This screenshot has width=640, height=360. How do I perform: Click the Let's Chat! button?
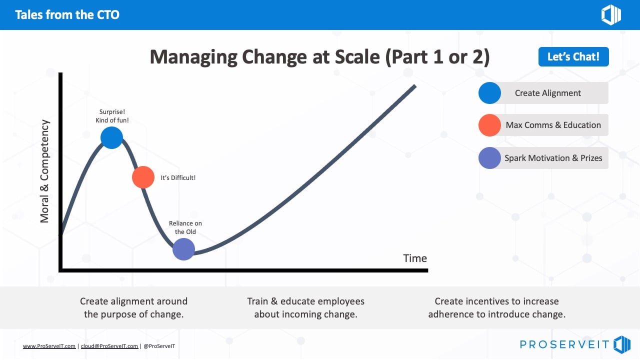click(x=573, y=57)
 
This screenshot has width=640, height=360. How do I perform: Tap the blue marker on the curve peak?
click(x=111, y=137)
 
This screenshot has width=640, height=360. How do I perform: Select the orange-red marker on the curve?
click(x=143, y=177)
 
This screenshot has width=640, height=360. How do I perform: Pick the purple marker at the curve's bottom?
click(x=183, y=249)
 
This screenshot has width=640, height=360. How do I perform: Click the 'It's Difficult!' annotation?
click(x=178, y=178)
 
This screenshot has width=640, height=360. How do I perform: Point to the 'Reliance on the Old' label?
click(x=185, y=227)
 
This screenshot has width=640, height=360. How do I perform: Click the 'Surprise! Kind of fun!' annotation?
click(x=112, y=116)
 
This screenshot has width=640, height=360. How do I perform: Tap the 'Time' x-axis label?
click(x=415, y=258)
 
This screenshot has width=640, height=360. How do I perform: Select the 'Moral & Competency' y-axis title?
click(x=45, y=171)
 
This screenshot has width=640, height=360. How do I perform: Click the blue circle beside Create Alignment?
click(x=489, y=93)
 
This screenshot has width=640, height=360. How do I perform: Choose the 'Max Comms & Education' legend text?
click(x=553, y=125)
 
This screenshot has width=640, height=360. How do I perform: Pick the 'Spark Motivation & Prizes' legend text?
click(x=553, y=158)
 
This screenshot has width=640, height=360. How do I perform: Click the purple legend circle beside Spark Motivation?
click(x=489, y=158)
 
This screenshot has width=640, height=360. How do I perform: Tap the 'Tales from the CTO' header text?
click(x=67, y=14)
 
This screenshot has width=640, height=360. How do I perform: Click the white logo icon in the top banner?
click(x=610, y=15)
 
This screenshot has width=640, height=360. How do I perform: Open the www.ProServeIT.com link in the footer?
click(x=49, y=346)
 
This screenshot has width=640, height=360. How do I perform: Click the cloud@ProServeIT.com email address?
click(x=109, y=346)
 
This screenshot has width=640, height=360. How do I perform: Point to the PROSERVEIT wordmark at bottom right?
click(x=564, y=344)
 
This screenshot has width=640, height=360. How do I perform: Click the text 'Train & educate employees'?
click(x=305, y=301)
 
